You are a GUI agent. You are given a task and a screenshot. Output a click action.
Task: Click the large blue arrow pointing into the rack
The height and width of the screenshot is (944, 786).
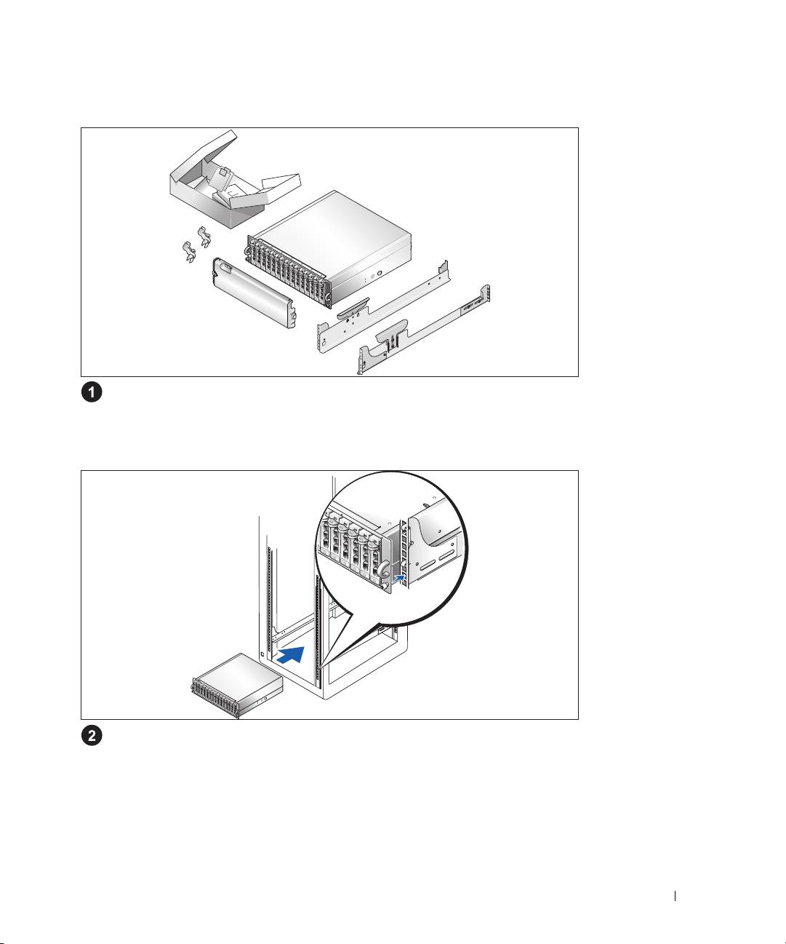coord(291,653)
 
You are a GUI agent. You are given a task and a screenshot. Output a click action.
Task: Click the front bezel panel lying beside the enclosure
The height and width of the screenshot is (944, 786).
coord(254,290)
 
